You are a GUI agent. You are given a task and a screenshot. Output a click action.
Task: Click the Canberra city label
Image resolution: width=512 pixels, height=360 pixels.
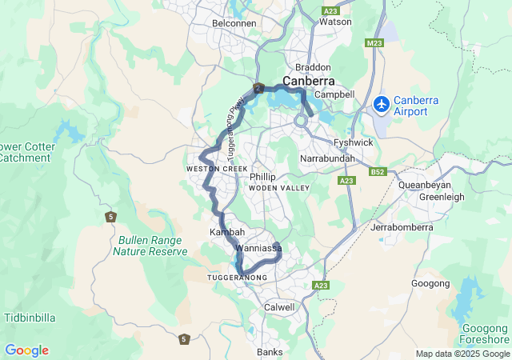[308, 82]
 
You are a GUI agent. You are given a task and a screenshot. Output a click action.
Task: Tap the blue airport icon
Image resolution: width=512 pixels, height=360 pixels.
[382, 104]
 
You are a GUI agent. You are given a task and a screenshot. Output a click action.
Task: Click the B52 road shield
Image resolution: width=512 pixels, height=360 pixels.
[378, 172]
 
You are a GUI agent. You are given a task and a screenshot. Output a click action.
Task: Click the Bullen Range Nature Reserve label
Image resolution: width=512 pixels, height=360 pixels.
[150, 245]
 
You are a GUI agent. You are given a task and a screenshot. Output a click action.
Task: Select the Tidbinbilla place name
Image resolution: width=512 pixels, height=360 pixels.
[30, 318]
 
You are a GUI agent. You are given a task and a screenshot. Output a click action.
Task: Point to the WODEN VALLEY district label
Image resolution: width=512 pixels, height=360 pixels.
[278, 187]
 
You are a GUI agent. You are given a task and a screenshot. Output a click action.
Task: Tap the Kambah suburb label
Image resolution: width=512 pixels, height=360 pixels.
[226, 232]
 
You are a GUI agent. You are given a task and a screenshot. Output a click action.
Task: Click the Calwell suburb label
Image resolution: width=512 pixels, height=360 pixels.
[279, 307]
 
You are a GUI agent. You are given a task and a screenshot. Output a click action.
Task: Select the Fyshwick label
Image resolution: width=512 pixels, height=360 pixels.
[353, 142]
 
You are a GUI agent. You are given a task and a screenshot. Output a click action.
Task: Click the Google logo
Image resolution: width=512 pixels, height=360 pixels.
[26, 350]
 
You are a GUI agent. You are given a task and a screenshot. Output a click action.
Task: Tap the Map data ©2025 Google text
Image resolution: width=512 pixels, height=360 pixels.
[462, 354]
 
